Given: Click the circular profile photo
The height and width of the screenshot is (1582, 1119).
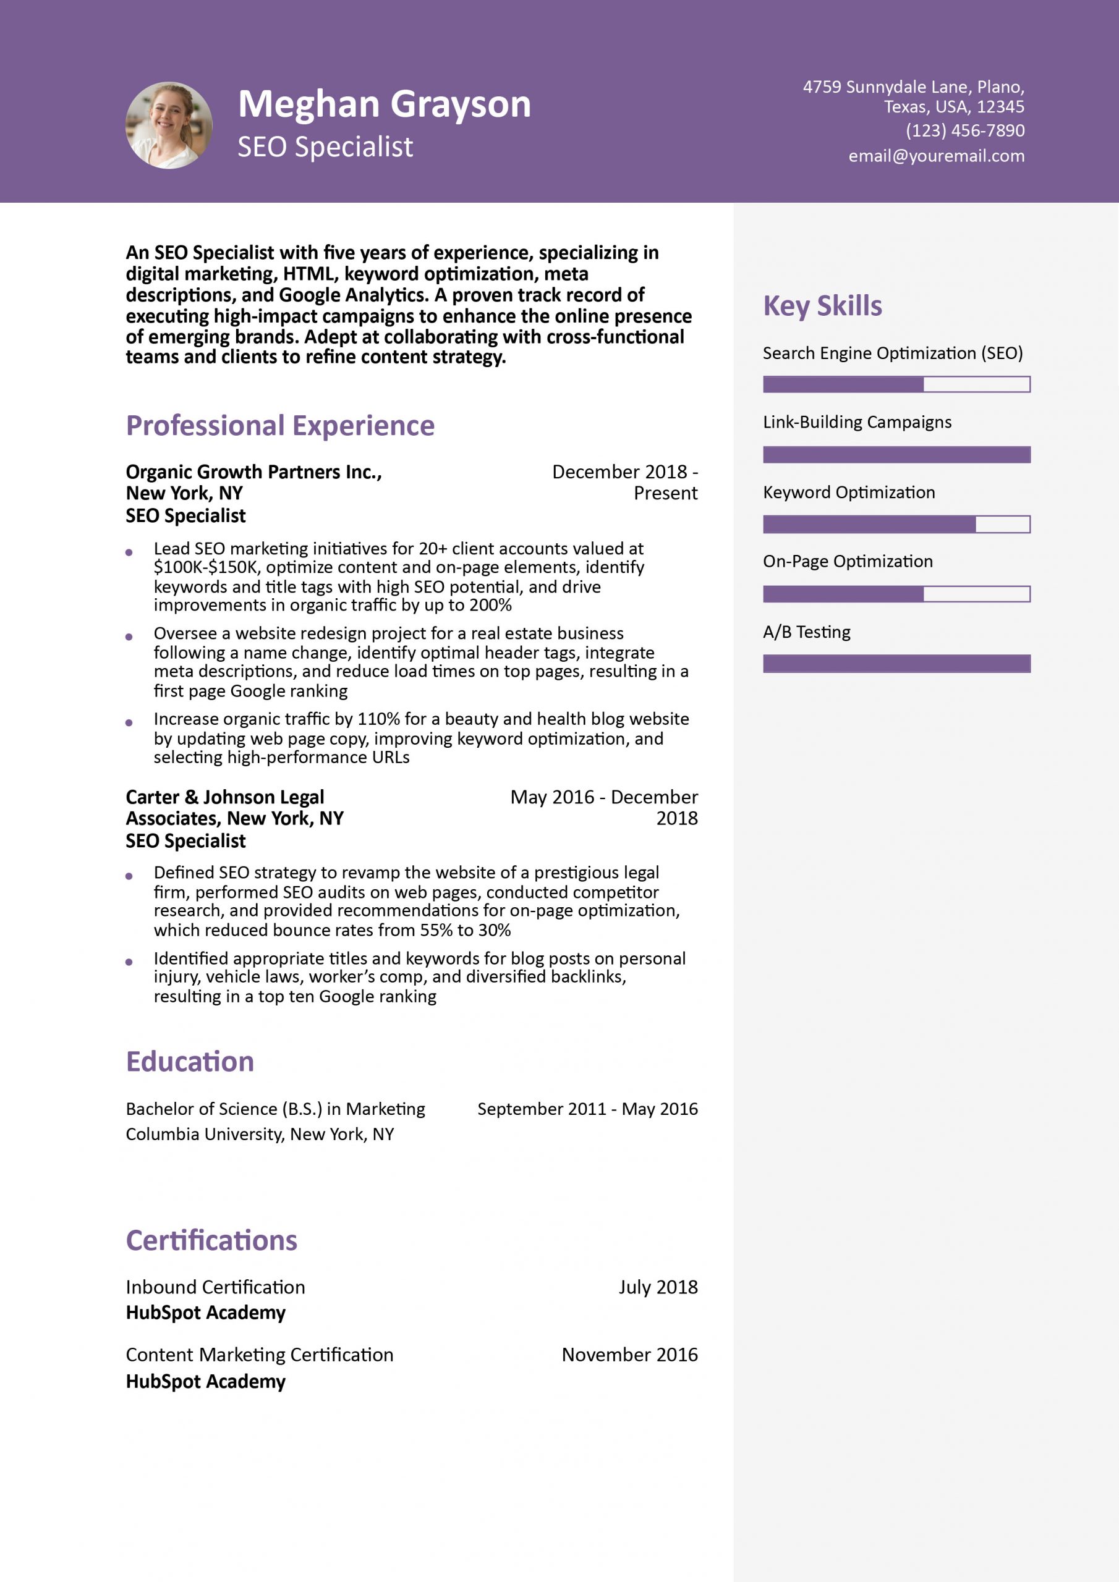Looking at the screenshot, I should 169,125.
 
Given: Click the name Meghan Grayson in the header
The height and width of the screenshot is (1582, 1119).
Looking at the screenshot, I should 384,104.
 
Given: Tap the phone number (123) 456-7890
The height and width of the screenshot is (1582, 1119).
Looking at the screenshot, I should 964,130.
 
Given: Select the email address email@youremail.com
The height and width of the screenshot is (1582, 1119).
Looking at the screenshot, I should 935,156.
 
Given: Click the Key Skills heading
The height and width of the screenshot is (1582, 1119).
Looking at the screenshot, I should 822,305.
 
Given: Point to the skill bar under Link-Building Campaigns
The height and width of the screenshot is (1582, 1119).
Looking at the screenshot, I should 896,455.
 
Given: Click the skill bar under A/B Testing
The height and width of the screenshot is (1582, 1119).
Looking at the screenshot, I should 896,664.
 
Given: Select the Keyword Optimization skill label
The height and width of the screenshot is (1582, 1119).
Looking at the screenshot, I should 849,492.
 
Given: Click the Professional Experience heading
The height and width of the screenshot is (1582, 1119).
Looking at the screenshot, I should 280,425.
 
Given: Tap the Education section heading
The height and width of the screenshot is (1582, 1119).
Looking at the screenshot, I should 190,1061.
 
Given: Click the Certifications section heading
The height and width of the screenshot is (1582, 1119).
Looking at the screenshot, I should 211,1240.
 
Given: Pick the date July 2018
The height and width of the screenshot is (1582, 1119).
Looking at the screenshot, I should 658,1287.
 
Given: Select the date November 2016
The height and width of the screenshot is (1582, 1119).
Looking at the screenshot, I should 629,1355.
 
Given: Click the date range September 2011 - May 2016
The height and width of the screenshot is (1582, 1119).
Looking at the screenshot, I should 587,1109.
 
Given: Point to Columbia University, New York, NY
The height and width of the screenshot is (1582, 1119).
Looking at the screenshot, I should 260,1134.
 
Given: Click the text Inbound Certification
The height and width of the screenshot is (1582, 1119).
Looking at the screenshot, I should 215,1287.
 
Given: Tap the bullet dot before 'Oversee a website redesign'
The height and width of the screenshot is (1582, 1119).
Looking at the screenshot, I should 129,637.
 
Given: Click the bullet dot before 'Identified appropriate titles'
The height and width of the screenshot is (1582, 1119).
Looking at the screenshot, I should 129,962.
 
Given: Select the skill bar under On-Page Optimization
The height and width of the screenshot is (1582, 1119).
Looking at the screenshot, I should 896,594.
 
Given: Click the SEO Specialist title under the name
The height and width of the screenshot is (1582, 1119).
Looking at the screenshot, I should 325,146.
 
